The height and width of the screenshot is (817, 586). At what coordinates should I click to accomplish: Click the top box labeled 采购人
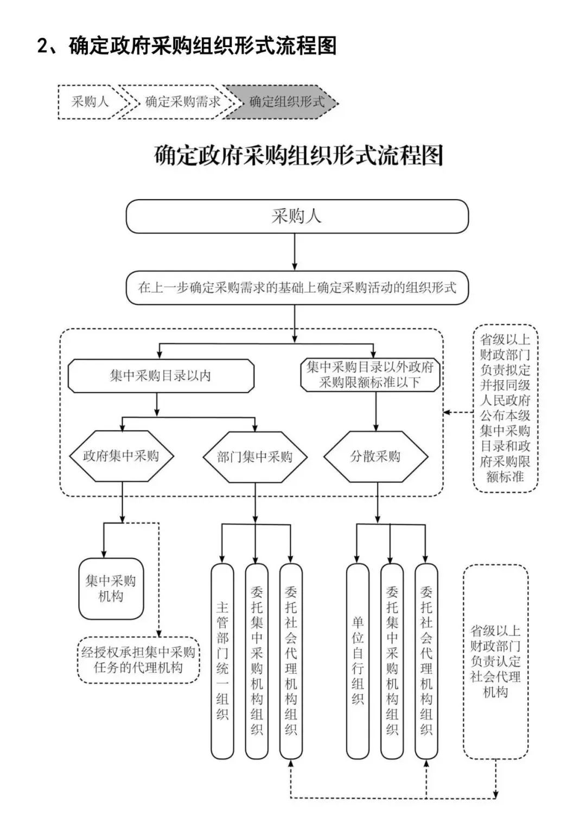pos(297,216)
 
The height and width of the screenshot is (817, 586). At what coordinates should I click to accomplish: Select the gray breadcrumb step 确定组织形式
pos(282,102)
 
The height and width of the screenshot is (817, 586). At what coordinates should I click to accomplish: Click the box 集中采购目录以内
pos(161,375)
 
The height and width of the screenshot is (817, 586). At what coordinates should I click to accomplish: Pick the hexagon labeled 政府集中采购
pos(121,456)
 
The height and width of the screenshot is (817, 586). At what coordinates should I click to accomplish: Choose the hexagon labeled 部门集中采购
pos(254,457)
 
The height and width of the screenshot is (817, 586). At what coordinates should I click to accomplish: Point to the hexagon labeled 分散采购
pos(375,456)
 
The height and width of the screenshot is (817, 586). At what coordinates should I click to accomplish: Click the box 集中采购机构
pos(111,589)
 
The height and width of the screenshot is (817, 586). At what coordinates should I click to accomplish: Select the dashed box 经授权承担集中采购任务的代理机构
pos(138,660)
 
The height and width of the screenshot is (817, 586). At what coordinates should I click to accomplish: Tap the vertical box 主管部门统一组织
pos(222,661)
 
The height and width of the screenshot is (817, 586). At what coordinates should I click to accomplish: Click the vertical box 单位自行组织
pos(358,661)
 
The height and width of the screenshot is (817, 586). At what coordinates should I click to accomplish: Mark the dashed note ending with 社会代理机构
pos(495,661)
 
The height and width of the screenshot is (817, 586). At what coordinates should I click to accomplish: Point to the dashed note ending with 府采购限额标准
pos(505,408)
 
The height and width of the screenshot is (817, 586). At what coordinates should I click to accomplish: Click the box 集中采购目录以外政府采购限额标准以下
pos(370,375)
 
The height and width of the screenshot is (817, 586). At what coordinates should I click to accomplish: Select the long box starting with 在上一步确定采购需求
pos(297,288)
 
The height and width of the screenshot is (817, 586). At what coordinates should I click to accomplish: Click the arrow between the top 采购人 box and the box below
pos(295,252)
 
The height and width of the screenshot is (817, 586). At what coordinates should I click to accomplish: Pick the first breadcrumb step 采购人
pos(90,102)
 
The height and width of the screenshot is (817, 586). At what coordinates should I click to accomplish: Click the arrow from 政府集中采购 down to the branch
pos(123,502)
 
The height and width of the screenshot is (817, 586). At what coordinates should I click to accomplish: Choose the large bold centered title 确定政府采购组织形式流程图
pos(298,156)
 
